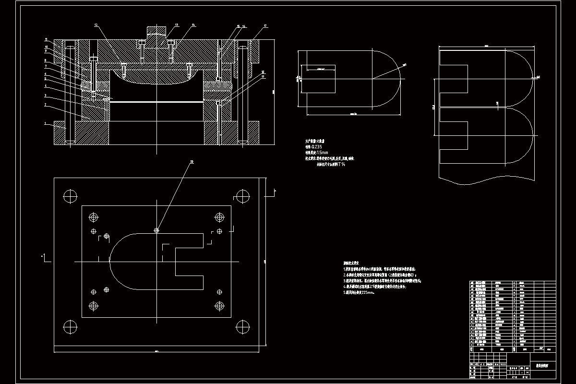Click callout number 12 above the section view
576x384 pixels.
pos(96,24)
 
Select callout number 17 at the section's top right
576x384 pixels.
pos(265,25)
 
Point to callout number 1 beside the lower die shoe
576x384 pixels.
pos(46,123)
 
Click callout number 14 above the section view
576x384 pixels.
pos(193,24)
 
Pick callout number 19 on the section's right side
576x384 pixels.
pos(263,76)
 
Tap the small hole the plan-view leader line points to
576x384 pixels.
pos(156,230)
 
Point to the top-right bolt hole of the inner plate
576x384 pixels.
pos(220,217)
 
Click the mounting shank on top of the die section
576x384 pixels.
pos(156,34)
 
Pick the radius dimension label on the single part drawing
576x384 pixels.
pos(404,64)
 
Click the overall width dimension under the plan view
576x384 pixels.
pos(156,352)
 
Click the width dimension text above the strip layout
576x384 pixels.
pos(486,46)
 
